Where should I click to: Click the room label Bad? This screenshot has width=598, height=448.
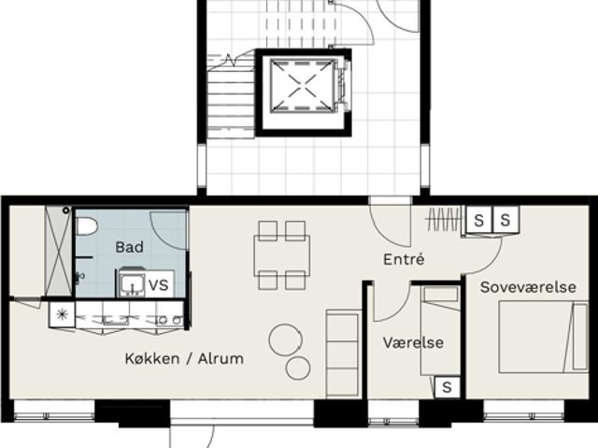tap(129, 247)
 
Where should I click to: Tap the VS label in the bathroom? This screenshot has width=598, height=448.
tap(159, 285)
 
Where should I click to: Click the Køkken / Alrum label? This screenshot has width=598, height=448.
tap(184, 359)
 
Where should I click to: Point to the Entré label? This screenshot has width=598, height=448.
tap(404, 259)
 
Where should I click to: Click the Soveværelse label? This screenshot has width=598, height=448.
tap(528, 287)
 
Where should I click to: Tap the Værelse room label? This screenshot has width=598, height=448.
tap(413, 342)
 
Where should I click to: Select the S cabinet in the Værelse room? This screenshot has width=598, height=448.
tap(447, 388)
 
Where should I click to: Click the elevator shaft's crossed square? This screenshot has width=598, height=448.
tap(299, 86)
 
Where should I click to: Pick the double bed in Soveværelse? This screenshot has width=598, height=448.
tap(543, 337)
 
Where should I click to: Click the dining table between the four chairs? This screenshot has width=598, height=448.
tap(282, 255)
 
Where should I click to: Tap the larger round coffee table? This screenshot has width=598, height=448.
tap(285, 340)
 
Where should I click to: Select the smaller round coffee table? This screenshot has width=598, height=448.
tap(298, 368)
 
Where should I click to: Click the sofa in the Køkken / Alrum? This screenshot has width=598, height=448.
tap(343, 354)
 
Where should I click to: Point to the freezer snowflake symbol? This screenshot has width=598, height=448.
tap(62, 314)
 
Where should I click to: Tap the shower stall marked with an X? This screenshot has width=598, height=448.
tap(58, 251)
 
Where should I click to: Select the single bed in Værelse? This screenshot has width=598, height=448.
tap(440, 331)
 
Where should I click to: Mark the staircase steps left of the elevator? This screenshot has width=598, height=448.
tap(231, 99)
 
